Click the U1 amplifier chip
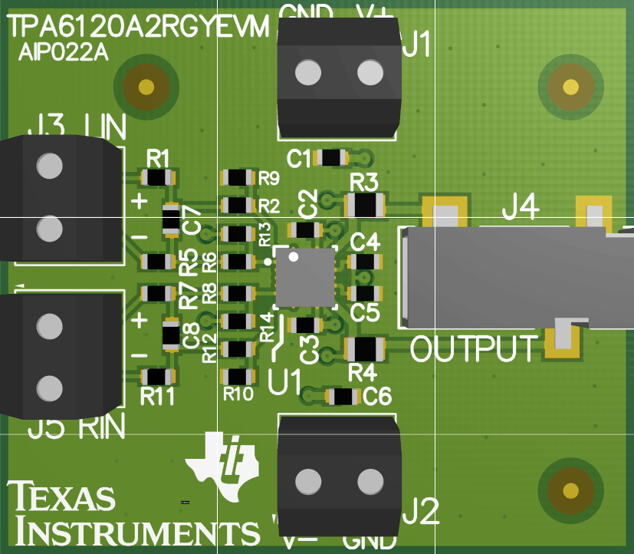305,276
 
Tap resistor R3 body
365,205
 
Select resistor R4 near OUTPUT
365,349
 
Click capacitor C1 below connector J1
332,158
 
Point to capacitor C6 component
343,397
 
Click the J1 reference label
416,47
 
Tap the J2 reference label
421,510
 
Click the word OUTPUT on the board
475,349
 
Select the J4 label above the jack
521,207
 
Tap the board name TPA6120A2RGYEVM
138,28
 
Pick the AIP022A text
64,54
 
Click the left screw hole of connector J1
308,73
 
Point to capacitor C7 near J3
172,219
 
